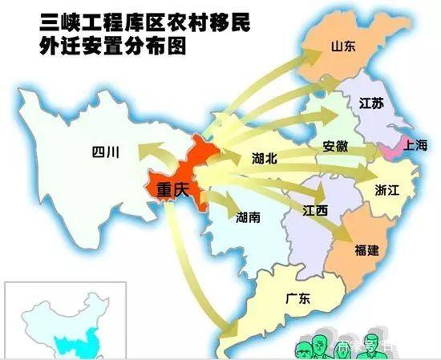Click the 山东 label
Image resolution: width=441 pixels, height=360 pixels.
[x=343, y=47]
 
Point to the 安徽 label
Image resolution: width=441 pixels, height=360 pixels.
[x=335, y=148]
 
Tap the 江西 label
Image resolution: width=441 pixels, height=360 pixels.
[x=314, y=211]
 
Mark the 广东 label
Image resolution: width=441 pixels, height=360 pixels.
[x=298, y=297]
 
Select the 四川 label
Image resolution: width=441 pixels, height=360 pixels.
[x=105, y=152]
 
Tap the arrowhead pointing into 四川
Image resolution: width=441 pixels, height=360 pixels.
[x=143, y=150]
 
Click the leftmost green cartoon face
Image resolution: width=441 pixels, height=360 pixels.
[x=307, y=347]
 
